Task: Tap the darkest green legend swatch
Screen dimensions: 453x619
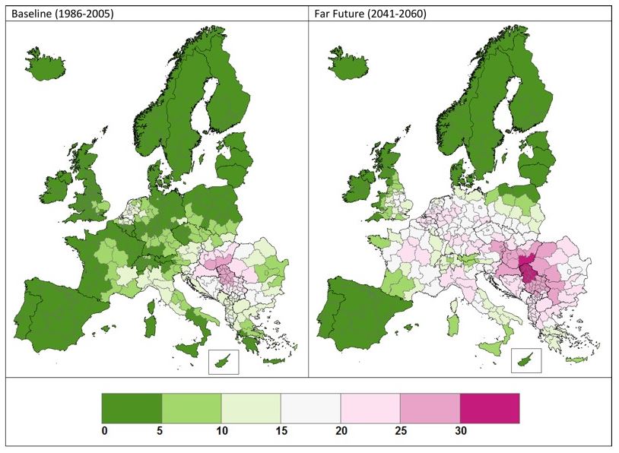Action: tap(132, 408)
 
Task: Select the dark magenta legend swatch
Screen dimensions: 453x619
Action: tap(490, 408)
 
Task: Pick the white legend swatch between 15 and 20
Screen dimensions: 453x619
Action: tap(310, 408)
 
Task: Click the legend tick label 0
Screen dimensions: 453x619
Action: tap(103, 431)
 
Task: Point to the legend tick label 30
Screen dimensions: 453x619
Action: tap(461, 431)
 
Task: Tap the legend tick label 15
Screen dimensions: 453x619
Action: tap(281, 431)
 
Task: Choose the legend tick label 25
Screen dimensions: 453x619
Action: tap(401, 431)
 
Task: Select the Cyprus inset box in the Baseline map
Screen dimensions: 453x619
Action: tap(223, 361)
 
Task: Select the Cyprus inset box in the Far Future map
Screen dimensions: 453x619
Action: tap(525, 360)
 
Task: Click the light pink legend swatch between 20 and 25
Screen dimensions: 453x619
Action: tap(370, 408)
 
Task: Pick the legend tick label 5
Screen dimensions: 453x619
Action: tap(162, 431)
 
